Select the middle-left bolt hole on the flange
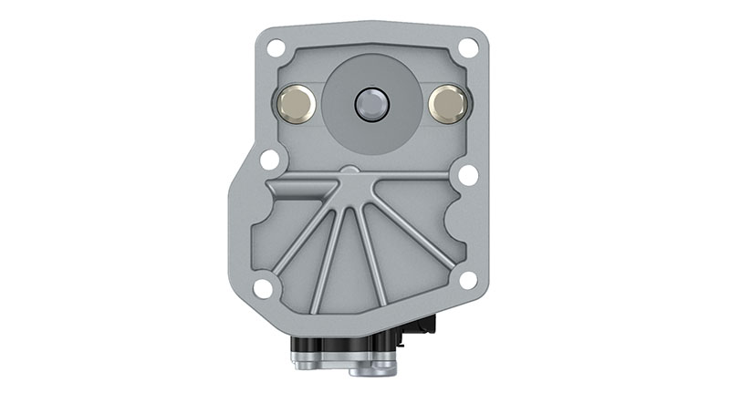coord(269,159)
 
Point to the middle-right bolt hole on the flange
coord(468,174)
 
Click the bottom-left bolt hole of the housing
coord(263,288)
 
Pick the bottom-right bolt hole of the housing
coord(468,280)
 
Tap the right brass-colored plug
coord(447,104)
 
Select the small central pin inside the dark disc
coord(373,103)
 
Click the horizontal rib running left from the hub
coord(301,186)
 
